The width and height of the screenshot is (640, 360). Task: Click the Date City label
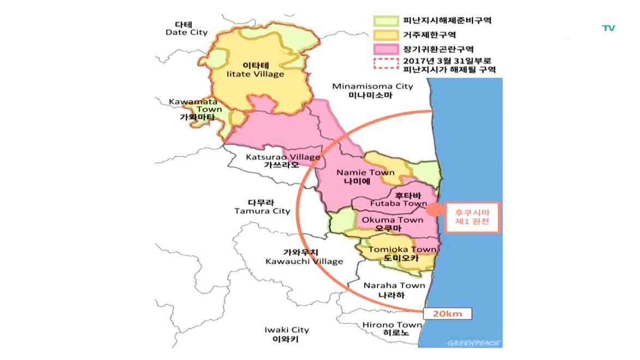click(x=187, y=28)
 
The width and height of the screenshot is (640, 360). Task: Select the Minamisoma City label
click(x=373, y=90)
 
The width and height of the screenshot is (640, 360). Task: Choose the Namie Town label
click(x=365, y=176)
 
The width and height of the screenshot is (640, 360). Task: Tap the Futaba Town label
click(x=398, y=200)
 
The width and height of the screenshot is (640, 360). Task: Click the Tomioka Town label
click(x=402, y=254)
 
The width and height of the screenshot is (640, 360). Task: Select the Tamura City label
click(x=262, y=206)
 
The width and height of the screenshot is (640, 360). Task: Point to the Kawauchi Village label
click(x=304, y=256)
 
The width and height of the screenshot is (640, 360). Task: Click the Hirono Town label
click(x=392, y=328)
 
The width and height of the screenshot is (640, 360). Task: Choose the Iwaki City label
click(x=286, y=334)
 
